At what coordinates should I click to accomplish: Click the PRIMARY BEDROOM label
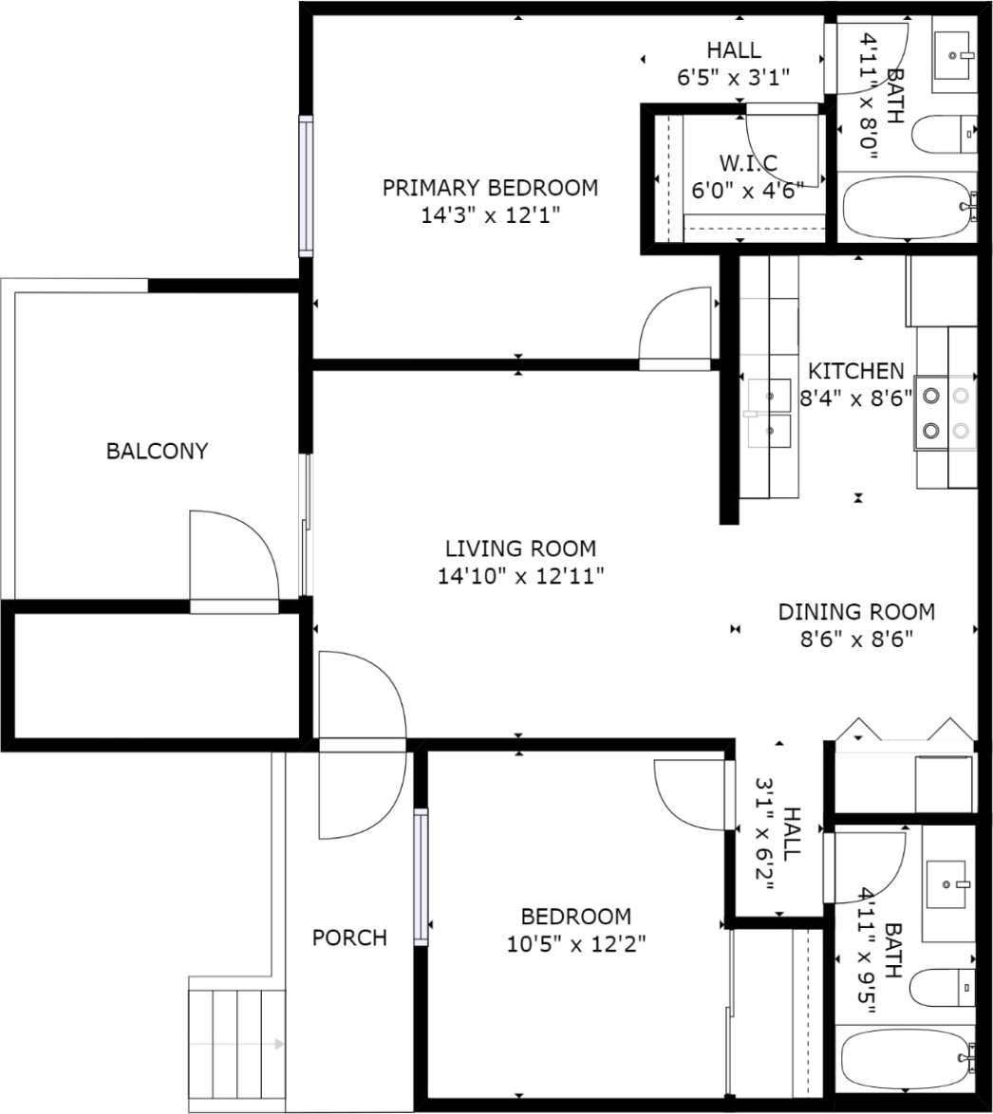click(490, 188)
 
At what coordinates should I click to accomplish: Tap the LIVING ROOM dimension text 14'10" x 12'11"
click(520, 576)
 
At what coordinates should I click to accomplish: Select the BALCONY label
click(157, 451)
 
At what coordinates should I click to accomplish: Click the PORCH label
click(349, 938)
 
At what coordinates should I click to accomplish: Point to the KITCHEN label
click(855, 371)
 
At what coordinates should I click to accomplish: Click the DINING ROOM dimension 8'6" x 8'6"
click(855, 639)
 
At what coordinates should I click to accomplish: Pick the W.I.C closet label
click(748, 161)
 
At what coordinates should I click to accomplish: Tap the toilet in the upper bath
click(944, 134)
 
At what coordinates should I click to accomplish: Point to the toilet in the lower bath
click(942, 988)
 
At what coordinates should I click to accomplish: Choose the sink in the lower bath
click(946, 884)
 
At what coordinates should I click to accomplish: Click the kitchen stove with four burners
click(946, 413)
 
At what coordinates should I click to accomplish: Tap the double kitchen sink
click(769, 412)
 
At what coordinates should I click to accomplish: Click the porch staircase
click(236, 1044)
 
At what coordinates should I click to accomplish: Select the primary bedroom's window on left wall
click(306, 186)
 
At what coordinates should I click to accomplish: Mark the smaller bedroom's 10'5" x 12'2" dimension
click(575, 944)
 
